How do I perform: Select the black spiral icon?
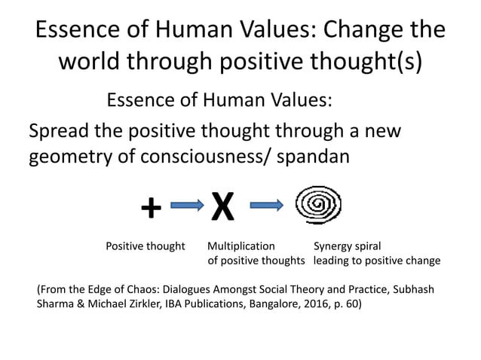point(317,205)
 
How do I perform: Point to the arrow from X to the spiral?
point(266,205)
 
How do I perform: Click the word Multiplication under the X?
point(241,246)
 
